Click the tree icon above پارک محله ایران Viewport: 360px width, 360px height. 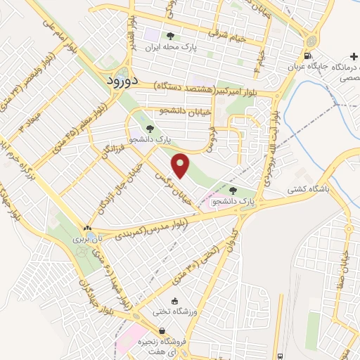[169, 36]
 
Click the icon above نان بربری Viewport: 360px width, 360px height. [87, 229]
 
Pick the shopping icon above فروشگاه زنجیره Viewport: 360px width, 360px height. [162, 331]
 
